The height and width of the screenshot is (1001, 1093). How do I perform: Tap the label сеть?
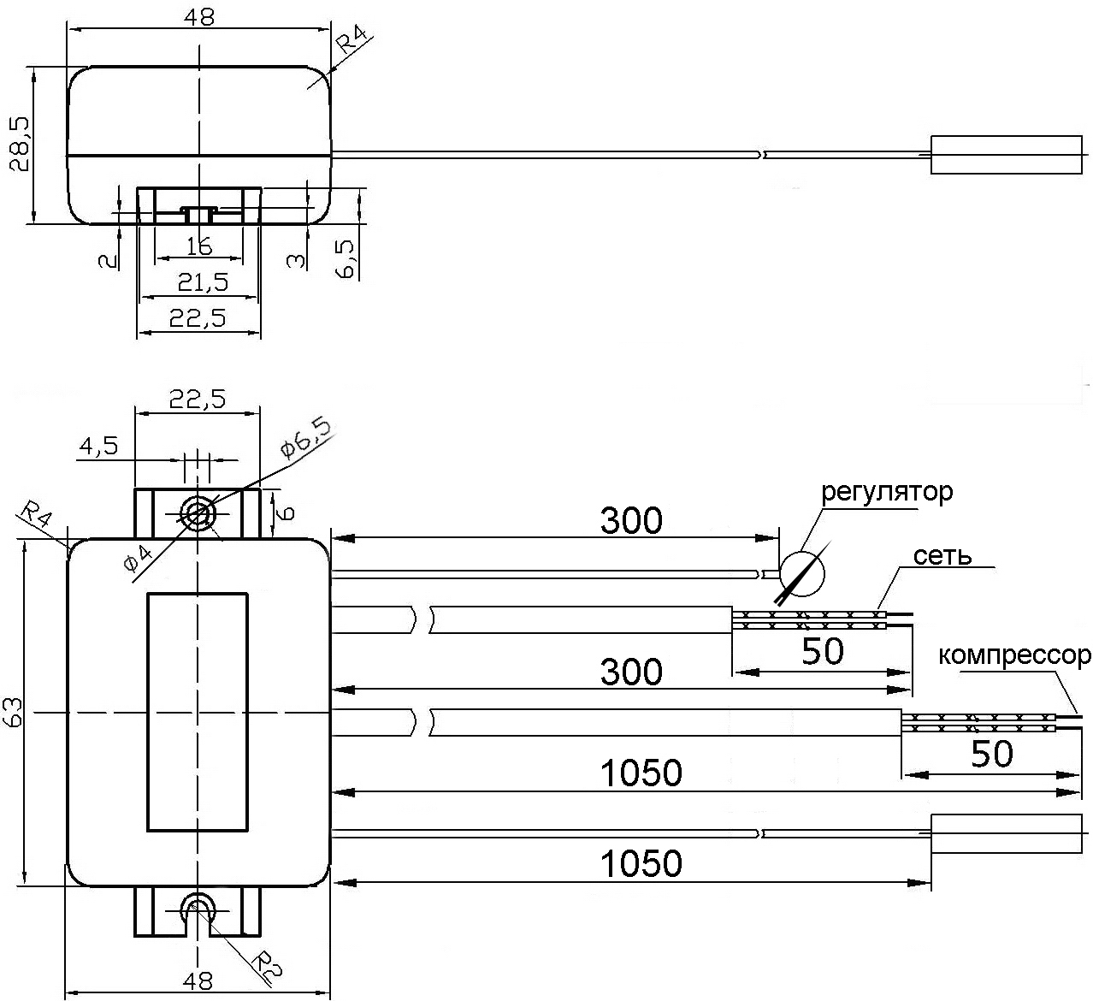(942, 555)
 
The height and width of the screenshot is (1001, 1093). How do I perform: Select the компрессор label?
(1014, 655)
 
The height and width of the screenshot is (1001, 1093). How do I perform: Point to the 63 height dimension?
(13, 712)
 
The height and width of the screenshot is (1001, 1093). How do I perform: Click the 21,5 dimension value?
(203, 281)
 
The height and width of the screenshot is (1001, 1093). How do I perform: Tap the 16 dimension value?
(199, 247)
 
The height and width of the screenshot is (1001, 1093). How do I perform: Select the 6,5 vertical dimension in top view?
(346, 259)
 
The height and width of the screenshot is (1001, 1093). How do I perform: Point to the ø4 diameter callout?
(138, 559)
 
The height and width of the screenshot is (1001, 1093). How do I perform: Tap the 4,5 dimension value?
(98, 446)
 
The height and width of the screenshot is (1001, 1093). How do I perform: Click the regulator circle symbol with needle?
(802, 574)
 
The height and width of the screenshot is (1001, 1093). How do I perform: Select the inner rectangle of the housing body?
(198, 712)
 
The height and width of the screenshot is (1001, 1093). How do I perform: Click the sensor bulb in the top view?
(1006, 155)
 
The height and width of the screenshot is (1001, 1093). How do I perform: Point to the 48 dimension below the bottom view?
(198, 981)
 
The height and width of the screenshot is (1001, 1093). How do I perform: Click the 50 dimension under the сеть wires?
(822, 650)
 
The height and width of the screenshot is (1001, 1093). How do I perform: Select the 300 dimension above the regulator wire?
(631, 520)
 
